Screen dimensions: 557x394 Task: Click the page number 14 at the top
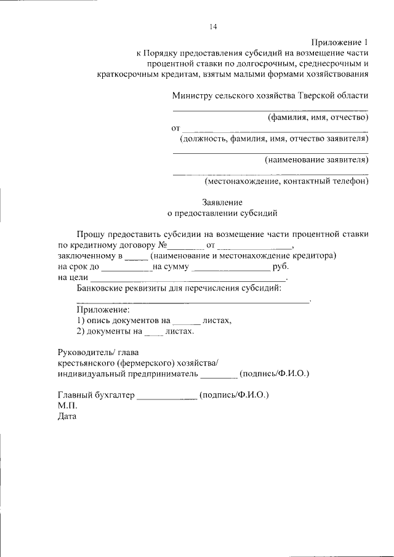213,26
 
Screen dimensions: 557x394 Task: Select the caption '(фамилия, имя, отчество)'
317,117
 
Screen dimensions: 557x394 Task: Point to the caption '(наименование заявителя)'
316,160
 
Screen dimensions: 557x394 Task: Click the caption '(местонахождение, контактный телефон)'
286,182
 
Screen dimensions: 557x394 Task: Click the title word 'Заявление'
222,202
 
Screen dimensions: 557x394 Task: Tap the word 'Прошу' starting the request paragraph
90,234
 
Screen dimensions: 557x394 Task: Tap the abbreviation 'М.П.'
66,406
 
